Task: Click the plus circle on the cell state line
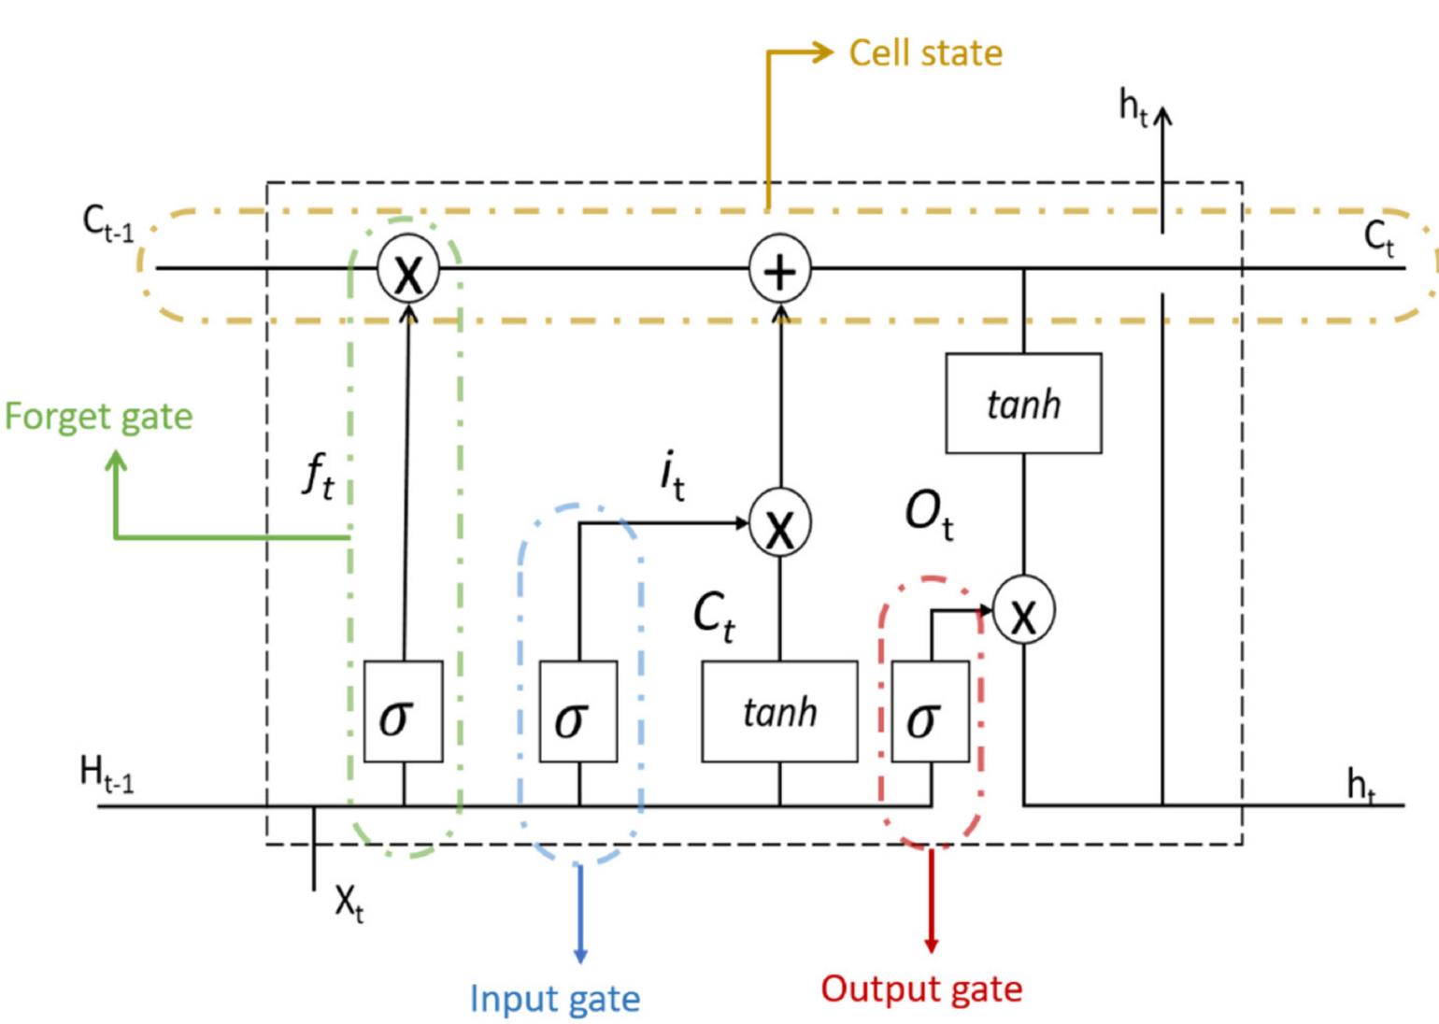pyautogui.click(x=779, y=270)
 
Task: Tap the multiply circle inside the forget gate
pyautogui.click(x=407, y=271)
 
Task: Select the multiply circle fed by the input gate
pyautogui.click(x=779, y=524)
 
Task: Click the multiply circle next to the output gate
pyautogui.click(x=1023, y=612)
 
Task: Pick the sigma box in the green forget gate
pyautogui.click(x=403, y=712)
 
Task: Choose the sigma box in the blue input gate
pyautogui.click(x=578, y=712)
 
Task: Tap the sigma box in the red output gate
pyautogui.click(x=930, y=712)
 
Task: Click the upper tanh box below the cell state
pyautogui.click(x=1023, y=404)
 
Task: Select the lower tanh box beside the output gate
pyautogui.click(x=779, y=712)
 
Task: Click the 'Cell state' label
pyautogui.click(x=925, y=53)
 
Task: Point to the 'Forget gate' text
pyautogui.click(x=98, y=417)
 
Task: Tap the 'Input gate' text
pyautogui.click(x=555, y=999)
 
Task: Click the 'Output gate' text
pyautogui.click(x=921, y=988)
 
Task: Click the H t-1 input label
pyautogui.click(x=107, y=775)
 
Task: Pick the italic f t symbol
pyautogui.click(x=318, y=476)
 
